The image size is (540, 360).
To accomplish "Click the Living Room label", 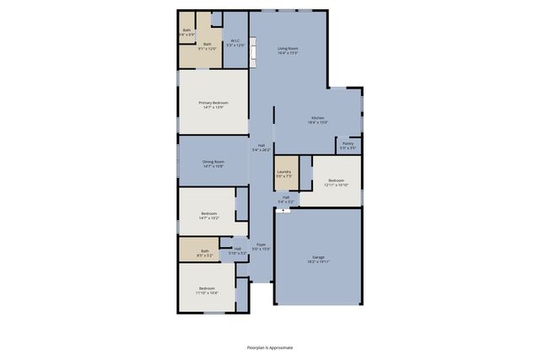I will click(x=288, y=51).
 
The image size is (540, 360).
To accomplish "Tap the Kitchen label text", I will click(x=318, y=120).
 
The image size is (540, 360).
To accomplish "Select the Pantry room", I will click(x=348, y=145).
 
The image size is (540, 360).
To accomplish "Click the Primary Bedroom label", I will click(x=213, y=105).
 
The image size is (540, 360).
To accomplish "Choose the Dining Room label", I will click(x=213, y=164).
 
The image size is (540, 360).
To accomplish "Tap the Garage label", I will click(x=318, y=259).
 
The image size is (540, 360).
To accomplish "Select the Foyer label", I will click(x=262, y=246).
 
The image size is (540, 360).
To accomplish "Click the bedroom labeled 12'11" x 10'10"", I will click(x=336, y=182).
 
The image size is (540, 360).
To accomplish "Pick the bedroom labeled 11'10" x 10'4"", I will click(x=207, y=291).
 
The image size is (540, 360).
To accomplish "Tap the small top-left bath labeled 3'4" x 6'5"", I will click(x=187, y=32).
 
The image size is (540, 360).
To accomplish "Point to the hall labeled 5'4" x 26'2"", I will click(x=261, y=148).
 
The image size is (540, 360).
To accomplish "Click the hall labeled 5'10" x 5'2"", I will click(x=237, y=250).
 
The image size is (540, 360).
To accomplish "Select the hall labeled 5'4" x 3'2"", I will click(x=286, y=200).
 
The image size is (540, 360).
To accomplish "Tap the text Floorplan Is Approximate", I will click(x=270, y=347).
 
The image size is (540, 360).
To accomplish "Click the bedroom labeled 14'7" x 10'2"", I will click(x=208, y=216).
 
